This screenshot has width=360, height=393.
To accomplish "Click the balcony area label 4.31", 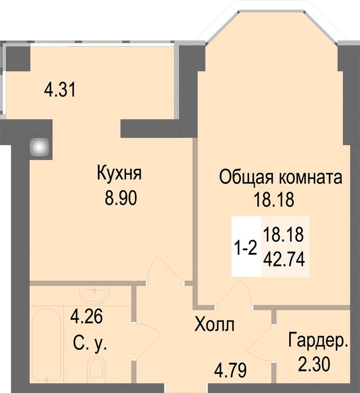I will [x=60, y=89].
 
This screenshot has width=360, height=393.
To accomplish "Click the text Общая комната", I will [x=281, y=178].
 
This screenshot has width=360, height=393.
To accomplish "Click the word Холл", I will [x=214, y=324].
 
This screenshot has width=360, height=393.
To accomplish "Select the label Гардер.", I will [x=318, y=341].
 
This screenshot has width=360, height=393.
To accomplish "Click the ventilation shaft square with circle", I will [x=38, y=147].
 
